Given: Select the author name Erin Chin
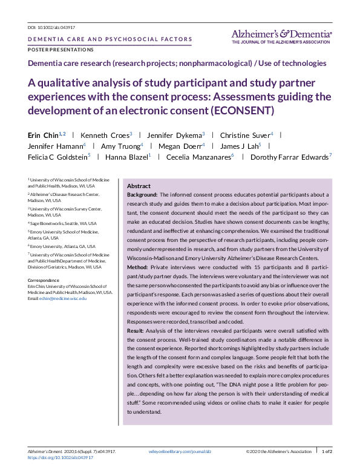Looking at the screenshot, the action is (42, 134).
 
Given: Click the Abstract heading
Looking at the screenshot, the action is (139, 186).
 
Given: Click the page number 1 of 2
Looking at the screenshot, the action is (326, 452).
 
